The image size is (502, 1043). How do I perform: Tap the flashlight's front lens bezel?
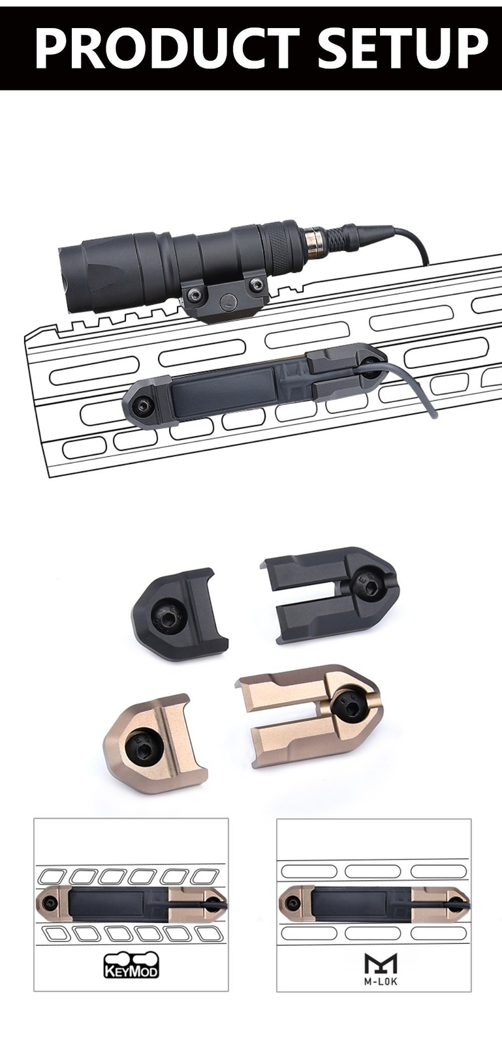(72, 267)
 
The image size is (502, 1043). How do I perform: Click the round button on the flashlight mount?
(228, 301)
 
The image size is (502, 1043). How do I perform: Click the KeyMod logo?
(131, 965)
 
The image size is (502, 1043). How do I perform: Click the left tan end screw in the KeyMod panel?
(50, 903)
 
